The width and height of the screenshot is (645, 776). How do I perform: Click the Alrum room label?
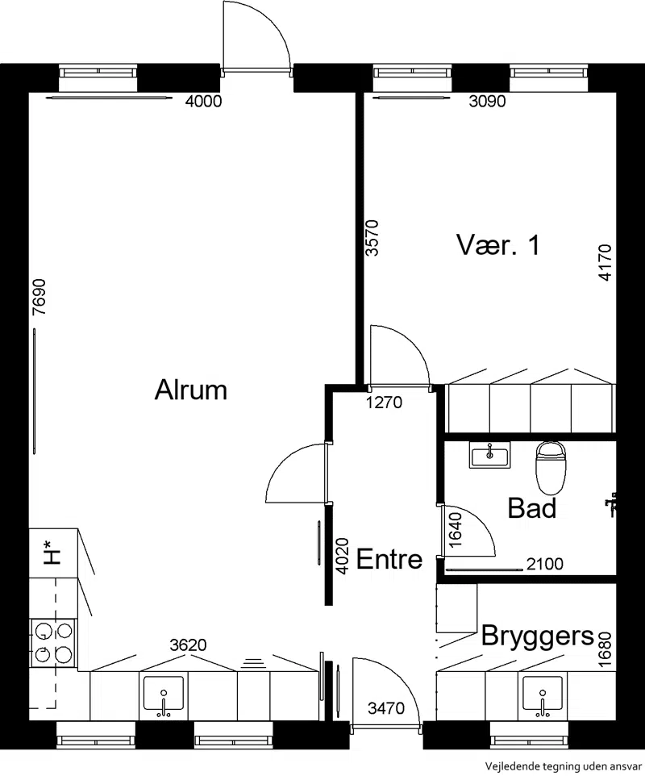pyautogui.click(x=191, y=390)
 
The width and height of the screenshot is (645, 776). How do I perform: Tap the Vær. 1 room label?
pyautogui.click(x=497, y=245)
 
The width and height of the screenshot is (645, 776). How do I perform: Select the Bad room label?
pyautogui.click(x=532, y=508)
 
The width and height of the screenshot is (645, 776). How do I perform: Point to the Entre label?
pyautogui.click(x=389, y=559)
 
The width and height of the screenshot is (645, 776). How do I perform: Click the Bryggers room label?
pyautogui.click(x=537, y=636)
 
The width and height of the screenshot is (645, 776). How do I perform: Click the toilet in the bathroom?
pyautogui.click(x=551, y=468)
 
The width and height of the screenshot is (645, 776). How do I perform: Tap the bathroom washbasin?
pyautogui.click(x=489, y=455)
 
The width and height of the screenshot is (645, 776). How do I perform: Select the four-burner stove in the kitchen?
pyautogui.click(x=53, y=642)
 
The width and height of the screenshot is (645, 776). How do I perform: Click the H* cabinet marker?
pyautogui.click(x=52, y=553)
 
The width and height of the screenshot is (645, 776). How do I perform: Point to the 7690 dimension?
pyautogui.click(x=39, y=298)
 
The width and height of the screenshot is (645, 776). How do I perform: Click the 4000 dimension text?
pyautogui.click(x=203, y=102)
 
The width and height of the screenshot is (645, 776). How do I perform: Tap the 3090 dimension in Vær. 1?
pyautogui.click(x=487, y=102)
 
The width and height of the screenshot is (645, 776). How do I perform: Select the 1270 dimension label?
pyautogui.click(x=385, y=403)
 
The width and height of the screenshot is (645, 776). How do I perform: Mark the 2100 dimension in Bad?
pyautogui.click(x=544, y=564)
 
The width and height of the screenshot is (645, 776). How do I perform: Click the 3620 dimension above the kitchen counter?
pyautogui.click(x=188, y=645)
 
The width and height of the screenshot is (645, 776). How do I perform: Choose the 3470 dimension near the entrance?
pyautogui.click(x=386, y=709)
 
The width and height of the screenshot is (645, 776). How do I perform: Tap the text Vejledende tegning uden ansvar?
pyautogui.click(x=564, y=766)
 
